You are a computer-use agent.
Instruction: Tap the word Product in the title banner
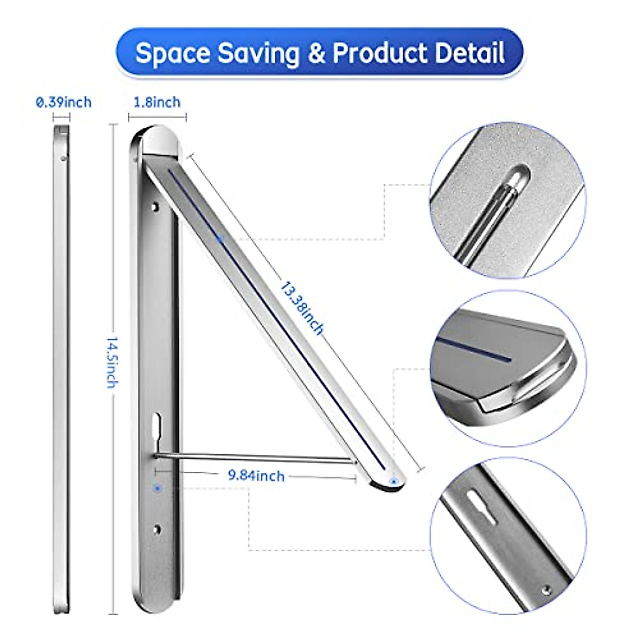(x=380, y=54)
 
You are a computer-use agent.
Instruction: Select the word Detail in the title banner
(x=470, y=54)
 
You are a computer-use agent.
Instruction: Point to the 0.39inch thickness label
(x=63, y=102)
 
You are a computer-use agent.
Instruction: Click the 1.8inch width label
(x=157, y=102)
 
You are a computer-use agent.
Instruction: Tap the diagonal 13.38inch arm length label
(x=301, y=308)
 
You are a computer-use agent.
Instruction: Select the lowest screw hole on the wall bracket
(x=157, y=529)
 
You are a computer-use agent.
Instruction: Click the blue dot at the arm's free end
(x=394, y=481)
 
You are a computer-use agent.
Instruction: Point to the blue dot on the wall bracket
(x=157, y=487)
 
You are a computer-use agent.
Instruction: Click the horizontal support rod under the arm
(x=256, y=456)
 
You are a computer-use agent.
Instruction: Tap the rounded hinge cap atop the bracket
(x=159, y=141)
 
